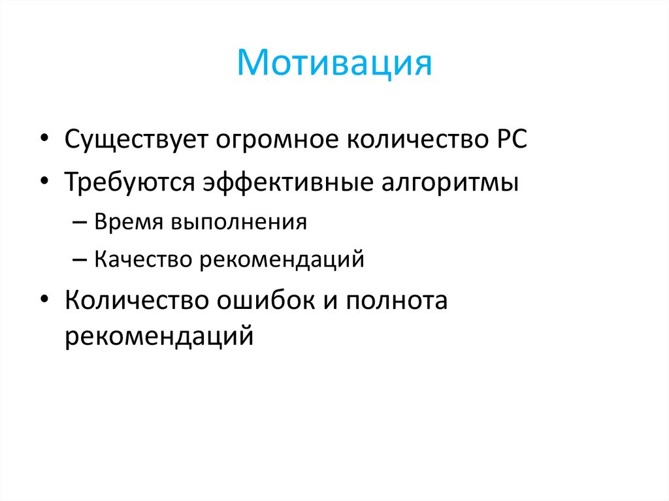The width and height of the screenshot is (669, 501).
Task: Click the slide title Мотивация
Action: coord(334,64)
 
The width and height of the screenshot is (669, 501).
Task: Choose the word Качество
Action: coord(140,260)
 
